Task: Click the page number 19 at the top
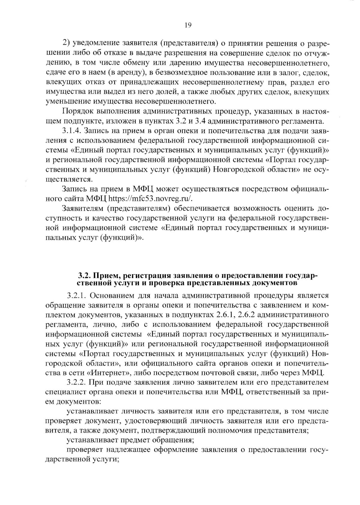pos(188,25)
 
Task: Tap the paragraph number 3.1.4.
pos(72,131)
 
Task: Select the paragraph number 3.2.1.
pos(77,296)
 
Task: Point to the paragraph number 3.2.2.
pos(77,383)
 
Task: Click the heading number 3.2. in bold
pos(85,275)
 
